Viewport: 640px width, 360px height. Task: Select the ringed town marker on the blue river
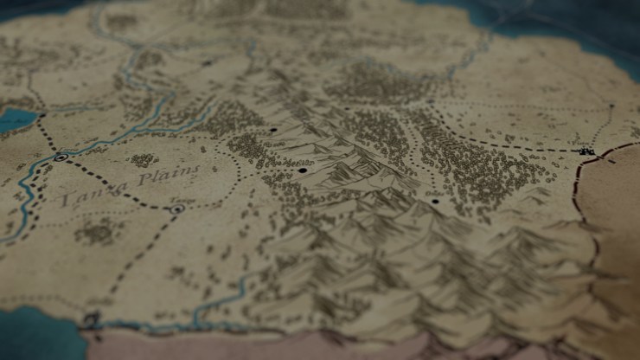tap(61, 157)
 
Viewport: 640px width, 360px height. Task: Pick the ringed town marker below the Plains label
tap(177, 209)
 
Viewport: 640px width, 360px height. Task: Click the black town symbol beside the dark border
tap(589, 151)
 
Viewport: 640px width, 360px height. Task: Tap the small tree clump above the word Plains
tap(144, 160)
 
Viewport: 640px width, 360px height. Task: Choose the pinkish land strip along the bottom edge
tap(346, 346)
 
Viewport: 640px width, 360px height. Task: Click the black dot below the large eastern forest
tap(435, 201)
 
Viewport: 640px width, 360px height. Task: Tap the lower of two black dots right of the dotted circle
tap(303, 170)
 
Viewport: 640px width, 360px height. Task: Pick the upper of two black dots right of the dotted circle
tap(274, 130)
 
